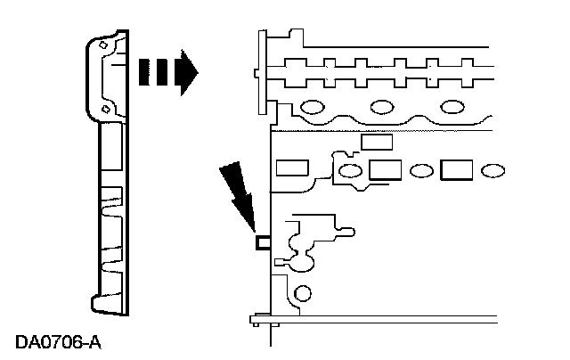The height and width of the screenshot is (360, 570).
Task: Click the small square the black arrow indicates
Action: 264,241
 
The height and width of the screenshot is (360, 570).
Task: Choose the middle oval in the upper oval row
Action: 383,109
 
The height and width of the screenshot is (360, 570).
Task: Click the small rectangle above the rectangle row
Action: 375,143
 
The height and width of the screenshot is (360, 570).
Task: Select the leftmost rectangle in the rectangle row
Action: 291,168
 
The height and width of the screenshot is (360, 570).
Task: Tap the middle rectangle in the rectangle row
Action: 384,168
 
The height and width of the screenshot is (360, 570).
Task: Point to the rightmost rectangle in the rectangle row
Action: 457,168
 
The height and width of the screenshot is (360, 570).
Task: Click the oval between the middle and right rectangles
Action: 420,169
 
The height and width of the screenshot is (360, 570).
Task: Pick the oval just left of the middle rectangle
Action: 352,169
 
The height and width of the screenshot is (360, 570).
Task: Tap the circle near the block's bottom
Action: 304,293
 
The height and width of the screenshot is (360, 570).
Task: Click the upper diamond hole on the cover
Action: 105,44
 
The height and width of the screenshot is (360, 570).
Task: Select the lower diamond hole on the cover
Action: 105,108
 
